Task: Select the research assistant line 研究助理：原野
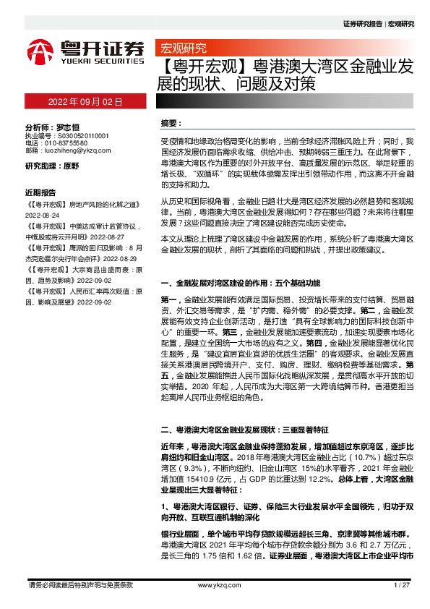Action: click(x=52, y=166)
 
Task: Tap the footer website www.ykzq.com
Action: click(x=214, y=584)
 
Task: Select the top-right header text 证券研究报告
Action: click(x=362, y=23)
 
